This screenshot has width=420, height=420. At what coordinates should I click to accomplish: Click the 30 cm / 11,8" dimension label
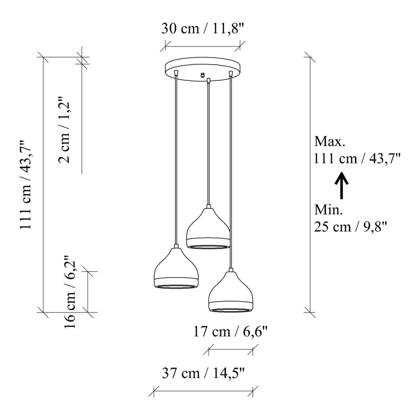(203, 28)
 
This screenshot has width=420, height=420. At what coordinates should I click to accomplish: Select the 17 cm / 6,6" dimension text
(230, 332)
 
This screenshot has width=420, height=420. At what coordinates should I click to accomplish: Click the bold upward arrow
(342, 186)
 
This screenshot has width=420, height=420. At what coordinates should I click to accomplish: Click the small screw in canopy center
(203, 75)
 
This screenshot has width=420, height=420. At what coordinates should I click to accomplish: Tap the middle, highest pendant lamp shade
(209, 228)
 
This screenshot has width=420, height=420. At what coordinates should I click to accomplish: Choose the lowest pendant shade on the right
(231, 292)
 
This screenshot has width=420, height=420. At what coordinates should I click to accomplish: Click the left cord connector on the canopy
(177, 72)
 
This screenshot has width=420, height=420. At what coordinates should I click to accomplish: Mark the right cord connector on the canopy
(231, 73)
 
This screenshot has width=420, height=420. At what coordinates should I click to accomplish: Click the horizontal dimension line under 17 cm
(233, 348)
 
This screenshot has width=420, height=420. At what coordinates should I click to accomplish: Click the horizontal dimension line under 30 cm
(203, 47)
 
